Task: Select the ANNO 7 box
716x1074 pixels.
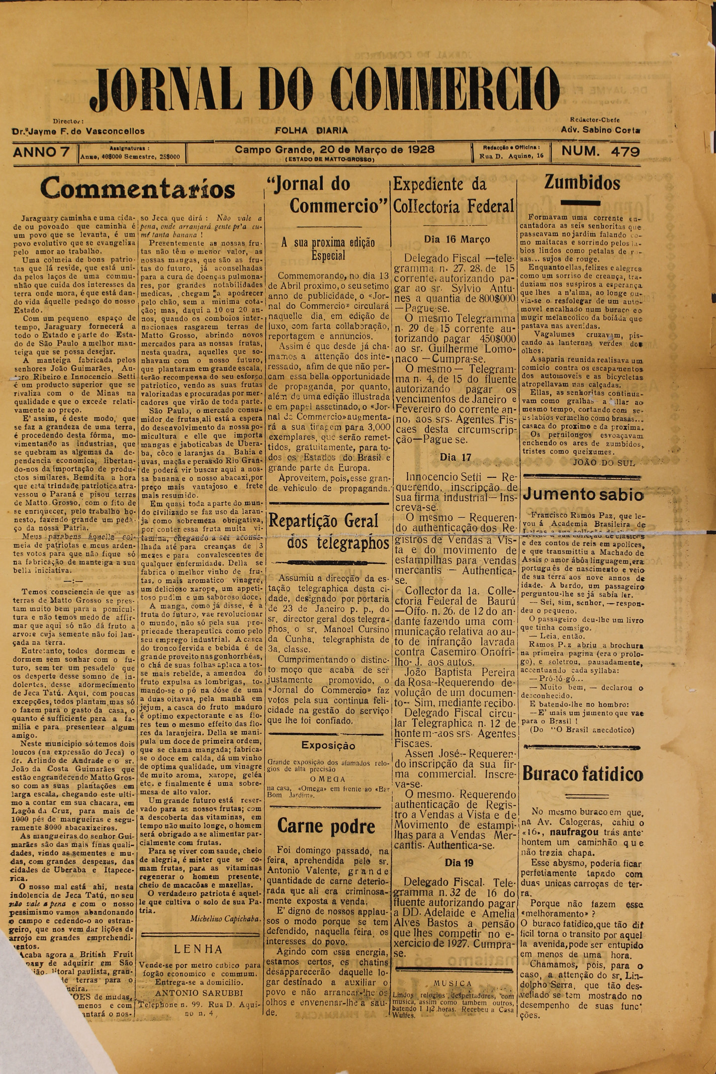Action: pyautogui.click(x=42, y=152)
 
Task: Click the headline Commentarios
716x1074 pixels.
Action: pyautogui.click(x=137, y=189)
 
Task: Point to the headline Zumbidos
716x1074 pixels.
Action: pyautogui.click(x=582, y=183)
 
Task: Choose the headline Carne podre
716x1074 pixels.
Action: pyautogui.click(x=326, y=826)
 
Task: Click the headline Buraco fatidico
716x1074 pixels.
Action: pyautogui.click(x=582, y=773)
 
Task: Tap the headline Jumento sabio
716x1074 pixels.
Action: pyautogui.click(x=582, y=495)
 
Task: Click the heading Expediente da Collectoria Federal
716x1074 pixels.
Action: pyautogui.click(x=454, y=195)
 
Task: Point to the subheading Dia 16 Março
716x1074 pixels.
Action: pyautogui.click(x=453, y=239)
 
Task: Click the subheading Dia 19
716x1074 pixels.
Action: pyautogui.click(x=459, y=863)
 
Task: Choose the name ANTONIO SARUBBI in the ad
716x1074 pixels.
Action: pyautogui.click(x=199, y=993)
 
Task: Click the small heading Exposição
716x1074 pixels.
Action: pyautogui.click(x=328, y=746)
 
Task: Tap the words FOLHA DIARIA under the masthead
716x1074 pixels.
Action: pyautogui.click(x=311, y=131)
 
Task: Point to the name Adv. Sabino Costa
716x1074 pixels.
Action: pyautogui.click(x=600, y=130)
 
